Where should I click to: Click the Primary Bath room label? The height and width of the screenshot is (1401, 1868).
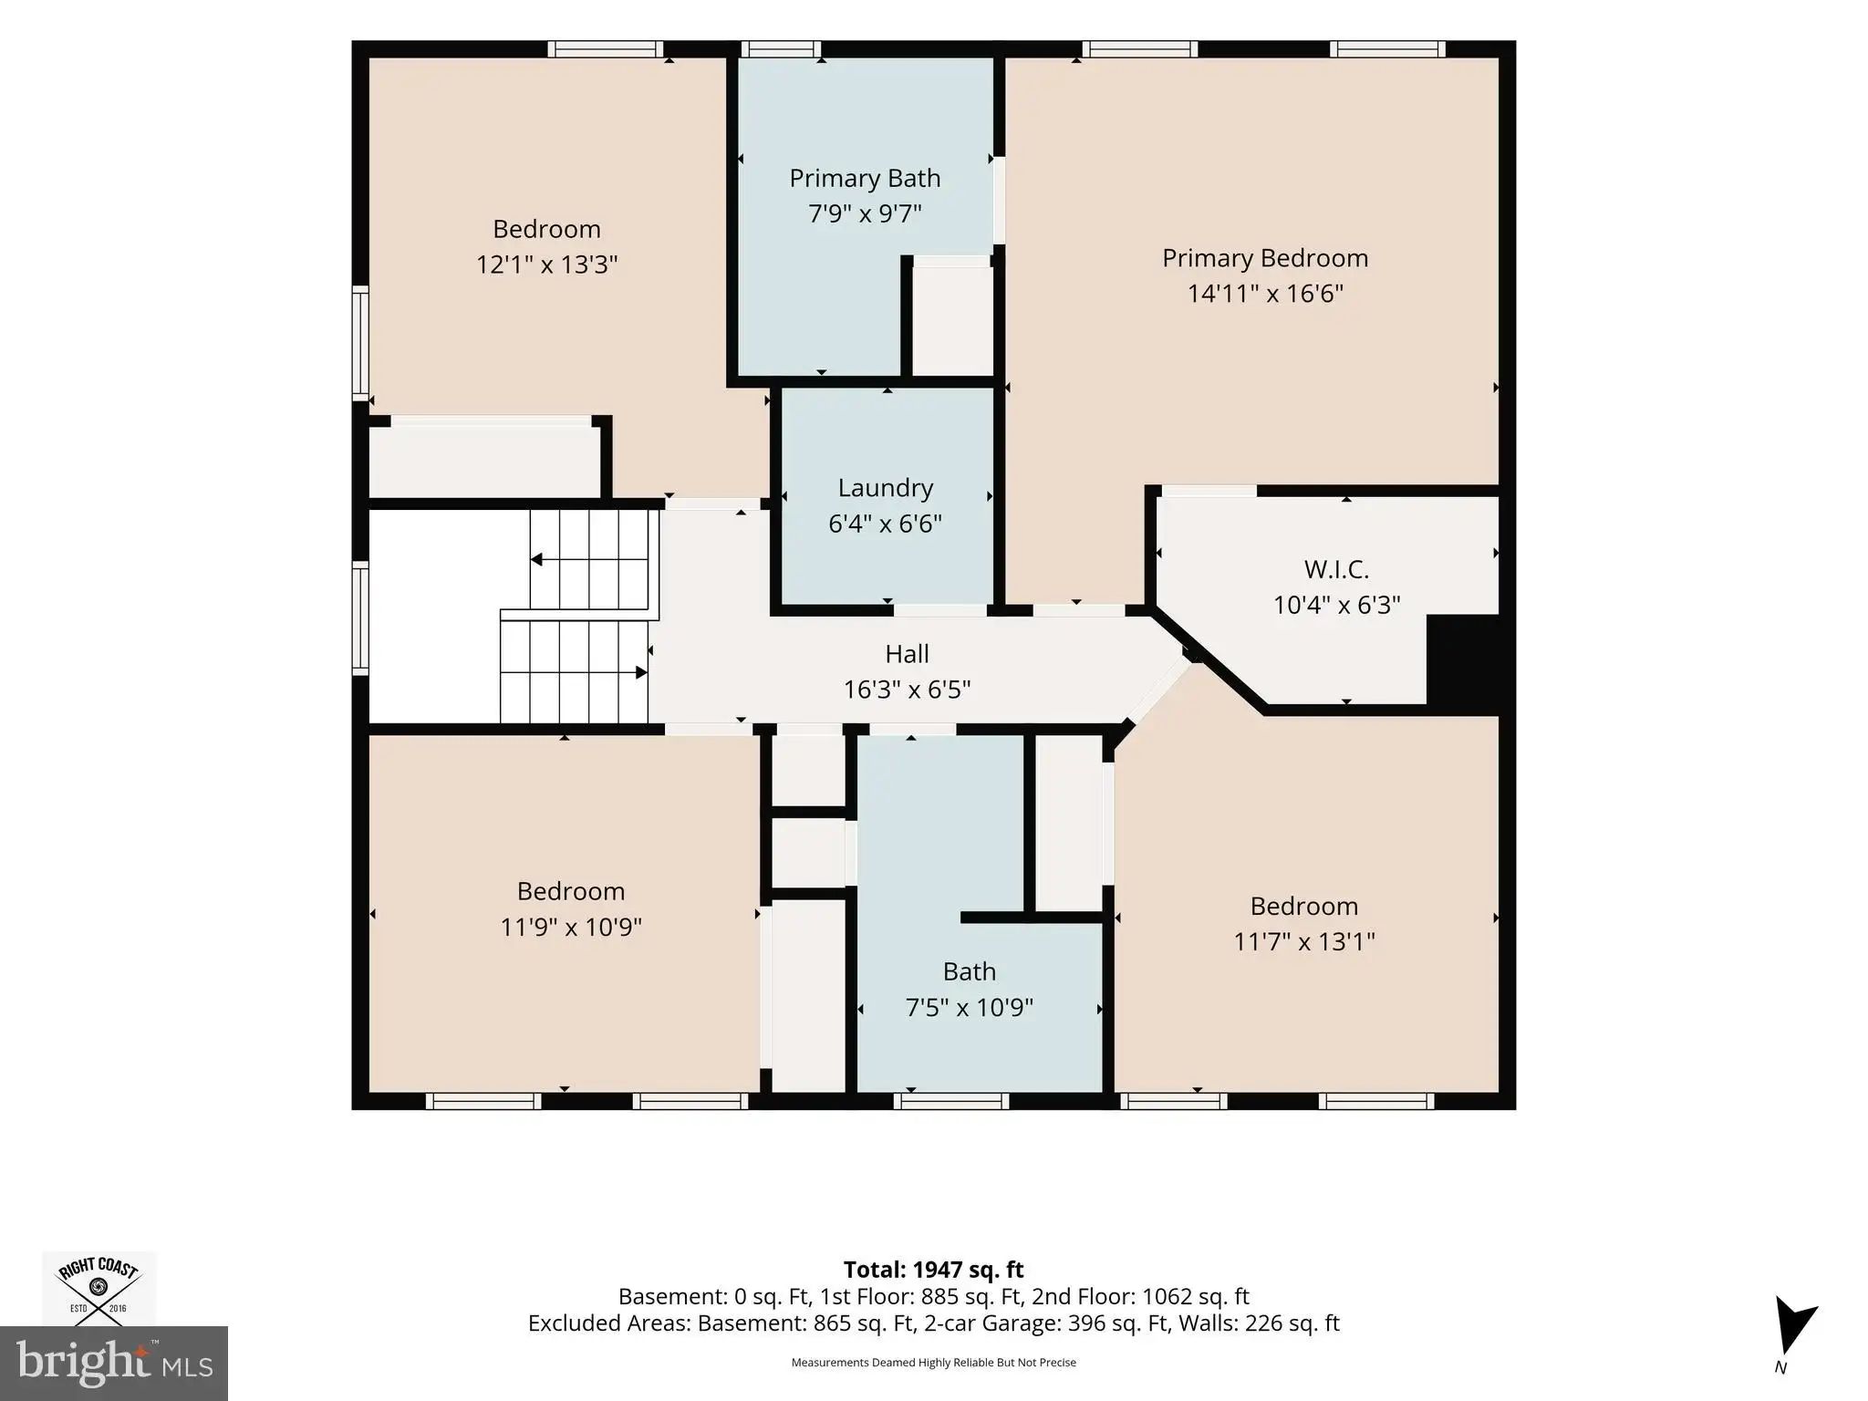(865, 178)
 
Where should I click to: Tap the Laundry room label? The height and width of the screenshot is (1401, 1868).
(886, 488)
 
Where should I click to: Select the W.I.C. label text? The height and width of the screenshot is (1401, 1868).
(1336, 569)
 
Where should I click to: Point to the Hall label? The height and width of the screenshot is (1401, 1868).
(907, 653)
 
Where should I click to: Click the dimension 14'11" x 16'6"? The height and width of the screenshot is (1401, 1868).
(1265, 294)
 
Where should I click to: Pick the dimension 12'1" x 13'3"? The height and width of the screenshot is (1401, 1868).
(547, 265)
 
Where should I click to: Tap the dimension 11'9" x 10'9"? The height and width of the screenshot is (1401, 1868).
(571, 927)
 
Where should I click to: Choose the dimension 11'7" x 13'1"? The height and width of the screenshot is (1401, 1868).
(1304, 941)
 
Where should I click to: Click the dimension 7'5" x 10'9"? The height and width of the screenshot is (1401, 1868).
(969, 1007)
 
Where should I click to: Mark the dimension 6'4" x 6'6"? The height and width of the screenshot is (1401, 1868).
(885, 524)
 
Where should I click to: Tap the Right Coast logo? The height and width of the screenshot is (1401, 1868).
(99, 1288)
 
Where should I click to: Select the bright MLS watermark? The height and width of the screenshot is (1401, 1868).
(114, 1364)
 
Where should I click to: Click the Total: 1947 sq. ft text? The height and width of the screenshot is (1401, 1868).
(933, 1270)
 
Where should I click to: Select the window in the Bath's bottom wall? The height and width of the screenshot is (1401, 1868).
(951, 1101)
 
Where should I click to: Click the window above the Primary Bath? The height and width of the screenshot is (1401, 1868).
(780, 49)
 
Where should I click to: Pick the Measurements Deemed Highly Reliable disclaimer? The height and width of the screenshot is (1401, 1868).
(933, 1363)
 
